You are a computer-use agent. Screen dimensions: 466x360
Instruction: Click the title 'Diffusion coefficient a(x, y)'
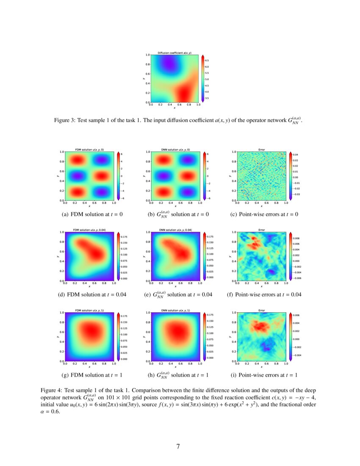pyautogui.click(x=174, y=53)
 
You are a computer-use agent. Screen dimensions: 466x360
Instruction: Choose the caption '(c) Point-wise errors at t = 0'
pyautogui.click(x=264, y=215)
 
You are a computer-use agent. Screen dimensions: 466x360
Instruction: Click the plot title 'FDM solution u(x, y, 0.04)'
pyautogui.click(x=90, y=230)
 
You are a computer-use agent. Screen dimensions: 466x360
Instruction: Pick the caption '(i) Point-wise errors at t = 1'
pyautogui.click(x=264, y=375)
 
